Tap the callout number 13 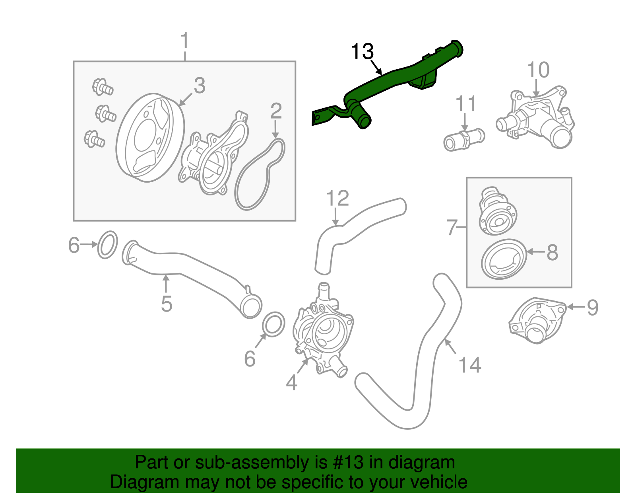coord(362,52)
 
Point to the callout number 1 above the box coord(184,41)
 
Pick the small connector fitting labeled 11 coord(464,139)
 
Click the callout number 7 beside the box coord(452,227)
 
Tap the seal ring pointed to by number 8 coord(503,259)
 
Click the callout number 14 coord(470,365)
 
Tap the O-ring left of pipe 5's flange coord(108,244)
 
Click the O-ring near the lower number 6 coord(274,324)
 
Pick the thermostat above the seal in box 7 coord(497,211)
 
